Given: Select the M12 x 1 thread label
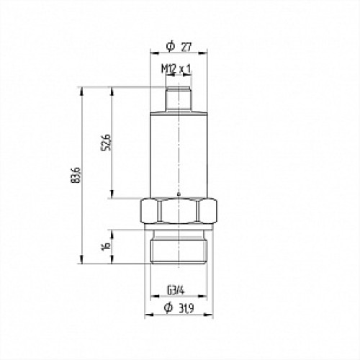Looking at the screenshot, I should pos(176,68).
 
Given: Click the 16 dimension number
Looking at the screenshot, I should pos(107,246).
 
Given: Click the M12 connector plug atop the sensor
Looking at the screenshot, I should pos(177,99).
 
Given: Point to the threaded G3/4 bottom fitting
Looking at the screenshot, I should pos(177,248).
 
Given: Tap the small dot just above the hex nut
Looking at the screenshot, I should pos(177,194).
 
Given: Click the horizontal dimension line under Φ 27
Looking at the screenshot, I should pos(177,53).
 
